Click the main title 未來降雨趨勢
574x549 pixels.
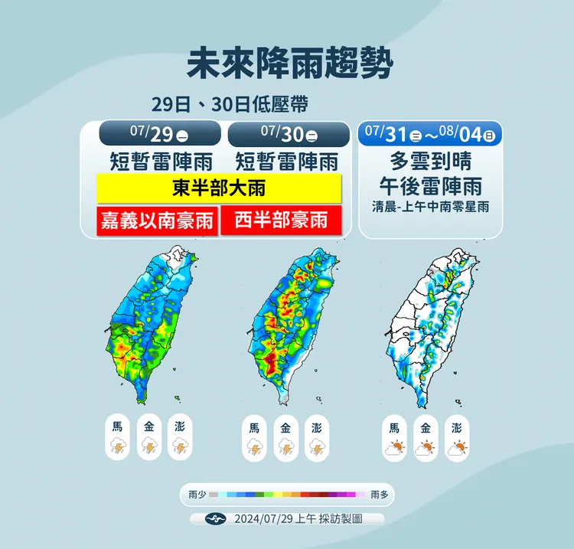(289, 64)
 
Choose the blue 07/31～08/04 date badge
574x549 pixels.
(430, 134)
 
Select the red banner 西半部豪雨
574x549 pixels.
(281, 221)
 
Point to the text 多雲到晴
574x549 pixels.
(430, 162)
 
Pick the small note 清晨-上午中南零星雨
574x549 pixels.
(430, 206)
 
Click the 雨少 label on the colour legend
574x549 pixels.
(197, 495)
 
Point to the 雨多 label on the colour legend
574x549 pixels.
(379, 495)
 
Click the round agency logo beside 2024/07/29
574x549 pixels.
(217, 518)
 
